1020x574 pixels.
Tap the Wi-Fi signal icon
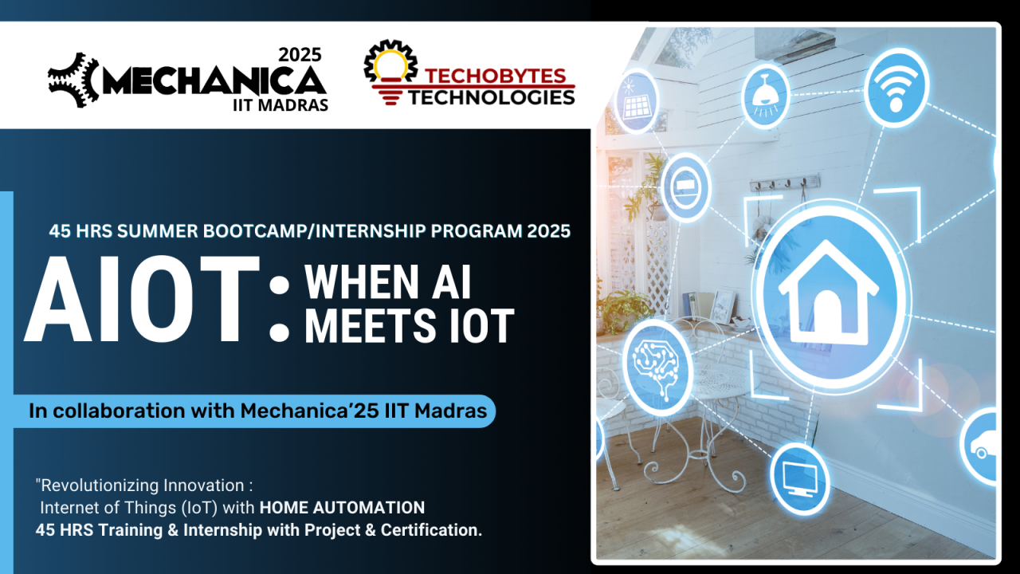pyautogui.click(x=896, y=87)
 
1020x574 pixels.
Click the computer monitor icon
pyautogui.click(x=799, y=478)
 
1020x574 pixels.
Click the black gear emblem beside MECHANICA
pyautogui.click(x=73, y=80)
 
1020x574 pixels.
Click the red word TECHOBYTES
pyautogui.click(x=495, y=77)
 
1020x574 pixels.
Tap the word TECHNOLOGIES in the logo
pyautogui.click(x=492, y=96)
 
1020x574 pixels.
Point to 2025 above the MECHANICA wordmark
pyautogui.click(x=300, y=55)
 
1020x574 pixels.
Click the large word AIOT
pyautogui.click(x=143, y=299)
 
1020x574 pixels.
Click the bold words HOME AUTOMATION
pyautogui.click(x=342, y=507)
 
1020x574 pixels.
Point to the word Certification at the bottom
pyautogui.click(x=431, y=530)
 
